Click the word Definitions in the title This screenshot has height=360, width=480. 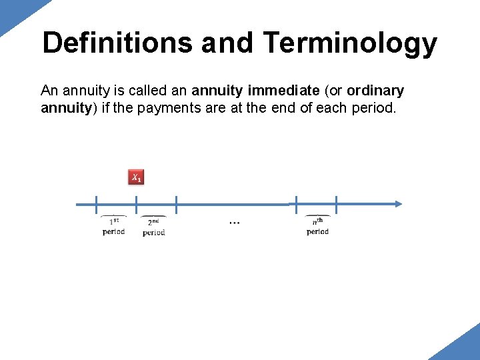pyautogui.click(x=117, y=43)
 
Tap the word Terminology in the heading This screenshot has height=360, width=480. pyautogui.click(x=350, y=43)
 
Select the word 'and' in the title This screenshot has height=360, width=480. pyautogui.click(x=227, y=43)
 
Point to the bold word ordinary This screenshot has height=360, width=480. pyautogui.click(x=375, y=90)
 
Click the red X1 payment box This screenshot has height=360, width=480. pyautogui.click(x=136, y=177)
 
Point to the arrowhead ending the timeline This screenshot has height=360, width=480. pyautogui.click(x=397, y=204)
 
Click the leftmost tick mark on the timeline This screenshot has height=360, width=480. pyautogui.click(x=96, y=204)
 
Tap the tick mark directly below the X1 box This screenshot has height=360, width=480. pyautogui.click(x=136, y=204)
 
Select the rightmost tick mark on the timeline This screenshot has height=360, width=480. pyautogui.click(x=336, y=204)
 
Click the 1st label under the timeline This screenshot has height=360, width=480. pyautogui.click(x=114, y=222)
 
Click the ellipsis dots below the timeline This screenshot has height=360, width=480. pyautogui.click(x=235, y=223)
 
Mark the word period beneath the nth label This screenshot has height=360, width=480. pyautogui.click(x=317, y=232)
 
